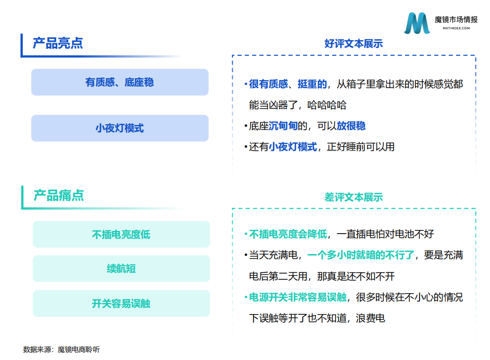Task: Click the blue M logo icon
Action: point(417,23)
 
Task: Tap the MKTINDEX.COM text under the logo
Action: point(456,28)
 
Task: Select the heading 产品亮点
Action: point(58,43)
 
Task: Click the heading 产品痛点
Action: point(59,195)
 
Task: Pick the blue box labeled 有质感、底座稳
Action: point(120,82)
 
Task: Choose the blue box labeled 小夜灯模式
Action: point(120,128)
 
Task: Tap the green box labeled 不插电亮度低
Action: point(121,235)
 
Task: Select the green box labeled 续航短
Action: point(121,269)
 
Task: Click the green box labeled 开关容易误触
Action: point(121,304)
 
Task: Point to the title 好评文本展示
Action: point(354,44)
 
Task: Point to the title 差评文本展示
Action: point(354,197)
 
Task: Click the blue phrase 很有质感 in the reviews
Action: point(269,84)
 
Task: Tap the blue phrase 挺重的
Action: point(312,84)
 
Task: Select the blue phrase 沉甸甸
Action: point(283,126)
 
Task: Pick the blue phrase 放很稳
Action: point(351,126)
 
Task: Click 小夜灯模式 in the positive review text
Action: point(293,147)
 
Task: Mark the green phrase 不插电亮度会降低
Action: point(288,234)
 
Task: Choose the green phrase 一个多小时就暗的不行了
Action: point(361,255)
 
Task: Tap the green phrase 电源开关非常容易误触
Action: point(297,297)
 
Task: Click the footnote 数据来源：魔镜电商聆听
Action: point(61,350)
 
